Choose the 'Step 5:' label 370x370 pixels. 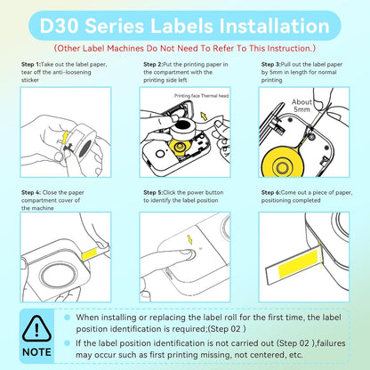(x=155, y=192)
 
